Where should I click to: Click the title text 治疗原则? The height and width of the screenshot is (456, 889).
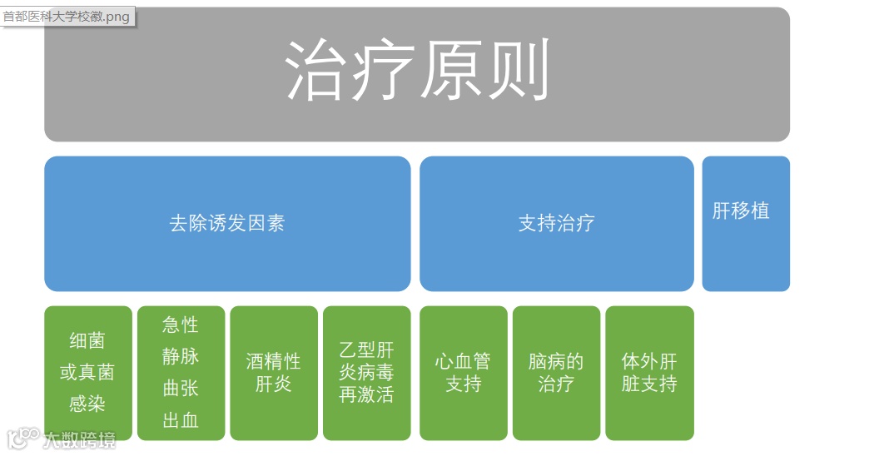(417, 70)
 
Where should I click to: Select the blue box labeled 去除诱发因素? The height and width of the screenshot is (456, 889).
(227, 223)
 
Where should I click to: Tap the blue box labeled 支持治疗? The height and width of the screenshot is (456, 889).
(556, 223)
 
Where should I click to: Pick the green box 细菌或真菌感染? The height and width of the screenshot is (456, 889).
(87, 373)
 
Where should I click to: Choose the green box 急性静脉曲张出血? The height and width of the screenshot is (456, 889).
(181, 373)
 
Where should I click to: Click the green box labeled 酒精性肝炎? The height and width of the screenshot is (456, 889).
(274, 373)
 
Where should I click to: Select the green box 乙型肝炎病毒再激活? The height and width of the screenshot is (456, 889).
(366, 373)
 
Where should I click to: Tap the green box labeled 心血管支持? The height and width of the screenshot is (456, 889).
(463, 373)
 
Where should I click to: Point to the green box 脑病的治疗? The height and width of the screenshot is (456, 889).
(556, 373)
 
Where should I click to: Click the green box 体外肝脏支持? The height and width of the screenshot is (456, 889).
(649, 373)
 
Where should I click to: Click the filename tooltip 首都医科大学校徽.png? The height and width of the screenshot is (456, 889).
(67, 17)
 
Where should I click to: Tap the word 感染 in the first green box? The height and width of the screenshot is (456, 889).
(87, 404)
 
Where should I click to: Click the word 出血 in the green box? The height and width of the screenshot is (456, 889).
(181, 420)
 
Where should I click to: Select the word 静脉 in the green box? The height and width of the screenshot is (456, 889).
(181, 356)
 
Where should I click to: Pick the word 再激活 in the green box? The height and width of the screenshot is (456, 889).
(366, 394)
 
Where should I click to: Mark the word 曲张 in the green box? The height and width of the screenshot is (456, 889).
(181, 389)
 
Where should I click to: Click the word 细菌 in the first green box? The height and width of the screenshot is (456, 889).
(87, 341)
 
